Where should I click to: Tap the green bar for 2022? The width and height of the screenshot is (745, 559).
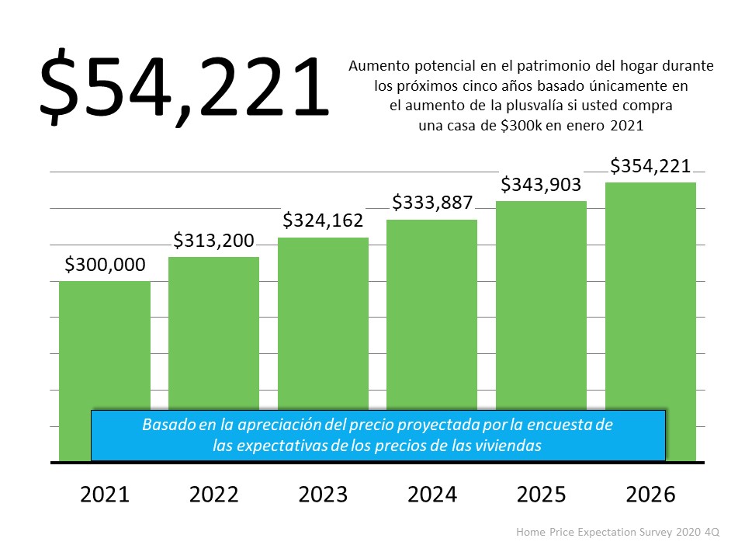tap(213, 334)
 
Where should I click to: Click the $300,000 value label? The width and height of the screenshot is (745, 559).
tap(105, 265)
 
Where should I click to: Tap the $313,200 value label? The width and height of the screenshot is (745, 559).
tap(213, 241)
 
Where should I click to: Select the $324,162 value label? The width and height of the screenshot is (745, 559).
tap(323, 220)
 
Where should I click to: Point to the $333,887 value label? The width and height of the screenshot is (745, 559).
tap(431, 203)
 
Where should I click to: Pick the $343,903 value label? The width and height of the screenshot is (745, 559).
tap(541, 185)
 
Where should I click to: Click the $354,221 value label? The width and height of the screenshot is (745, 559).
tap(650, 166)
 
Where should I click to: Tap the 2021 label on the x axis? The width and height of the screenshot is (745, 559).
tap(105, 495)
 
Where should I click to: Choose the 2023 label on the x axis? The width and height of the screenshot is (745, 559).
tap(323, 495)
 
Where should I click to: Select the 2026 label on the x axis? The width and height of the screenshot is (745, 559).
tap(650, 495)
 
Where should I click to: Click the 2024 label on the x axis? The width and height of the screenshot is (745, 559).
tap(431, 495)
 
